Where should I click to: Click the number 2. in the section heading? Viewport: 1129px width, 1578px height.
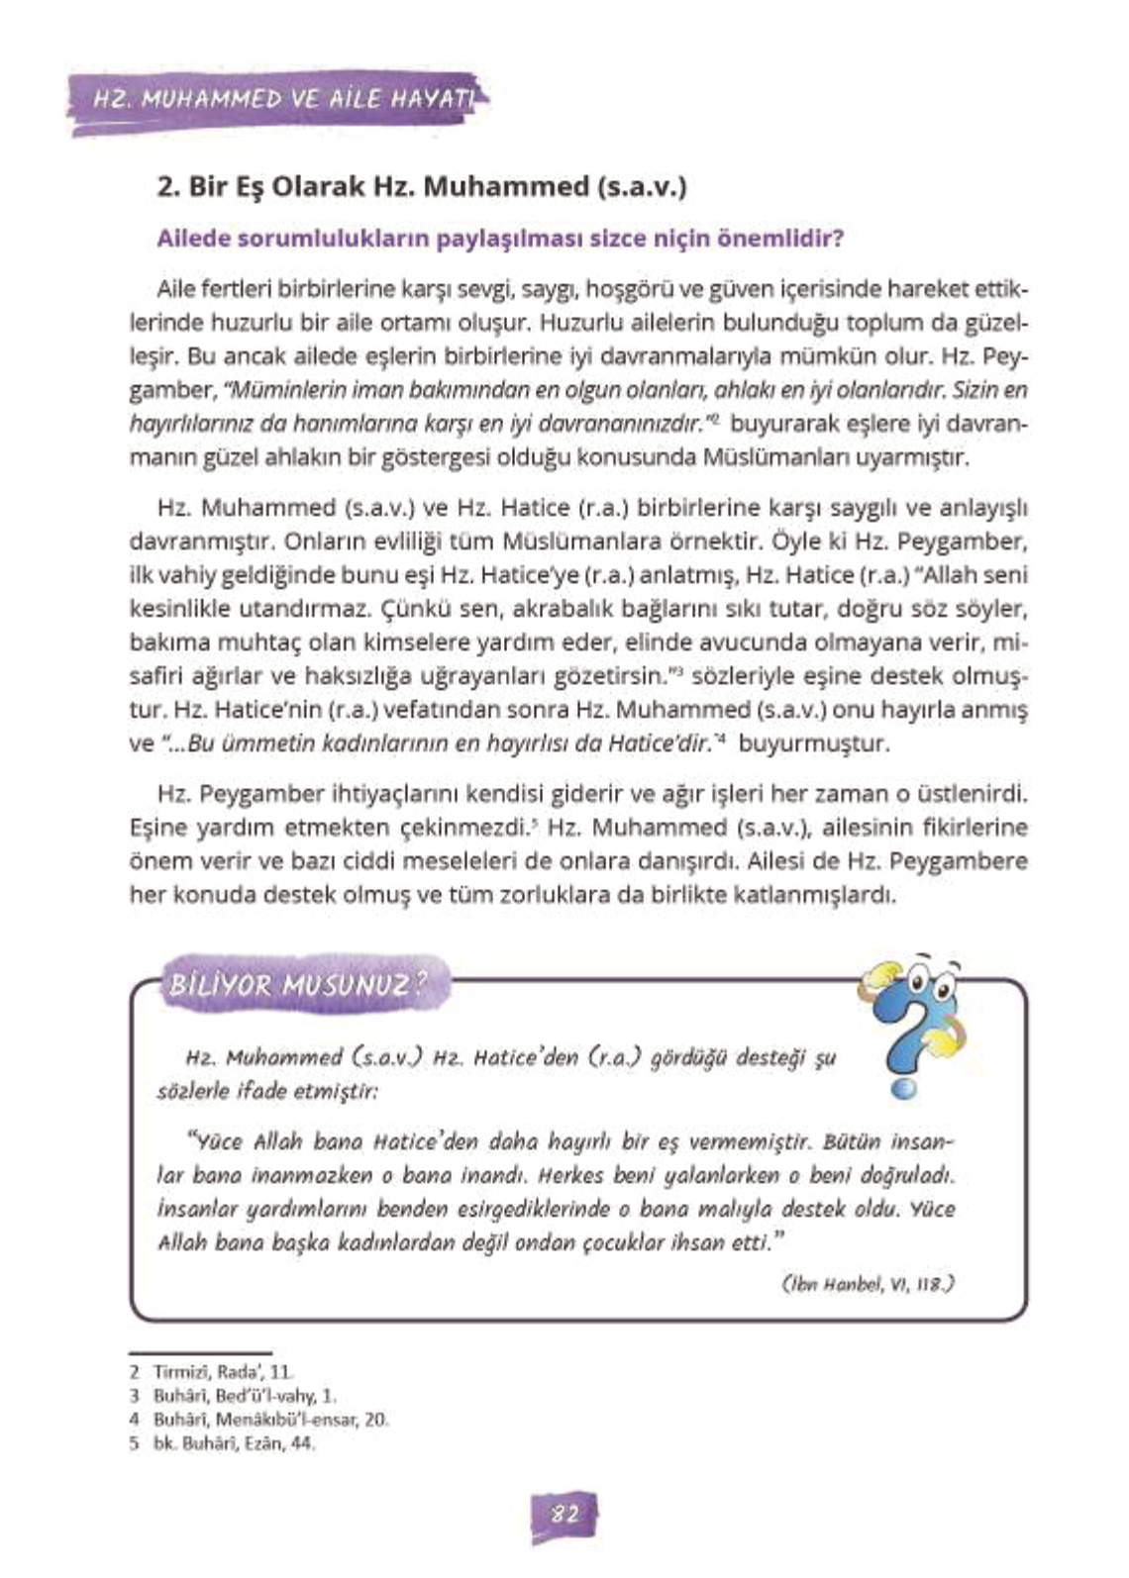point(166,187)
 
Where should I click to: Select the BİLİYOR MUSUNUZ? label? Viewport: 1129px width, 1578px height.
point(298,985)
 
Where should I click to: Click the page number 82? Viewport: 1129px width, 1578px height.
point(564,1515)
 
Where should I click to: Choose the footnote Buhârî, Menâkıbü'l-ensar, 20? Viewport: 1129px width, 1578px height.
point(270,1420)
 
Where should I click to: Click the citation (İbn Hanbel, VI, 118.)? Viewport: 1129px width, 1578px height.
point(867,1285)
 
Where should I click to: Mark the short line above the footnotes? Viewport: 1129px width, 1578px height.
point(200,1352)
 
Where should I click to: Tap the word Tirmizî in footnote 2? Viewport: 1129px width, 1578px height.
point(177,1373)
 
